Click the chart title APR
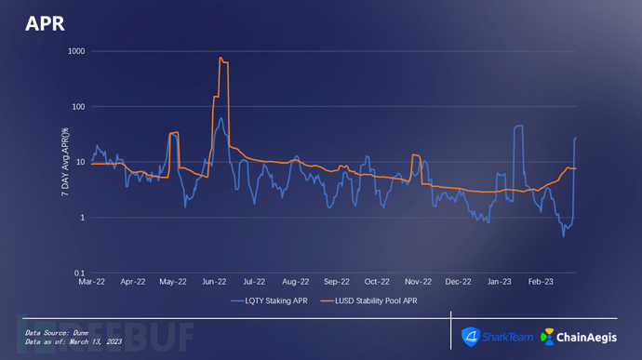45,24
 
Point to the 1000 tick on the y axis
76,51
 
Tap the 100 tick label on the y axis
78,106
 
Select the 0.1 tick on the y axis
79,273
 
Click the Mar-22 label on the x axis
92,282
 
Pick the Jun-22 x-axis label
214,282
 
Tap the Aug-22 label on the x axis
296,282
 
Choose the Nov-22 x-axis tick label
418,282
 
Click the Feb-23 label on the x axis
541,282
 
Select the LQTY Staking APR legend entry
269,301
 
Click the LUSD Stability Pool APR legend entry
368,301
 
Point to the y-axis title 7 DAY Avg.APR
65,162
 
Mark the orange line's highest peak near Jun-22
221,58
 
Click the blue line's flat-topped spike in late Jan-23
518,127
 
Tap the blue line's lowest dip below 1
564,236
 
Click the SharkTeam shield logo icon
471,337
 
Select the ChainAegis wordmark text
587,338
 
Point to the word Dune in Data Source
81,333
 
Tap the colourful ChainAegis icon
547,337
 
